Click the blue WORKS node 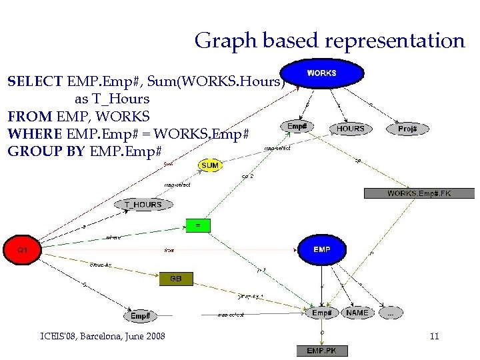pyautogui.click(x=321, y=73)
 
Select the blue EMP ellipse pyautogui.click(x=321, y=249)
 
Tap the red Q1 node pyautogui.click(x=22, y=250)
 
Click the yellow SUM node pyautogui.click(x=210, y=165)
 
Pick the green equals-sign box pyautogui.click(x=197, y=225)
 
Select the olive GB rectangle pyautogui.click(x=176, y=279)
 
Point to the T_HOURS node pyautogui.click(x=143, y=205)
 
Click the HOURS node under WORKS pyautogui.click(x=351, y=128)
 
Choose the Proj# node pyautogui.click(x=407, y=129)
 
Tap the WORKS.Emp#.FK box pyautogui.click(x=419, y=193)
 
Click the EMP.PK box pyautogui.click(x=323, y=350)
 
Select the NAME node pyautogui.click(x=357, y=312)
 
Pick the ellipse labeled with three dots pyautogui.click(x=391, y=312)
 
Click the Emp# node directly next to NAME pyautogui.click(x=322, y=312)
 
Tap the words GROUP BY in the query pyautogui.click(x=45, y=151)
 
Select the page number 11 pyautogui.click(x=434, y=337)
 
